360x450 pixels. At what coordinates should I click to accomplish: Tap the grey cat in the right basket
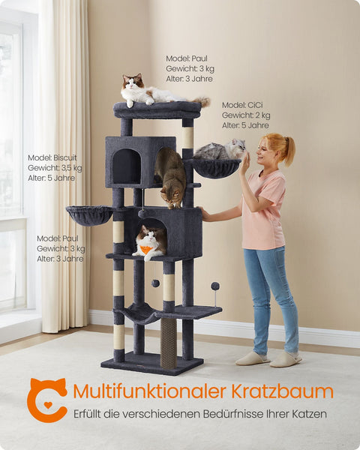(222, 151)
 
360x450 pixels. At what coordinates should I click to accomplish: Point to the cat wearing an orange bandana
(150, 241)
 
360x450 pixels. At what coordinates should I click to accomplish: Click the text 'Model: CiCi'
(244, 105)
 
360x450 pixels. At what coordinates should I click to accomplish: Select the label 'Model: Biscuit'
(52, 157)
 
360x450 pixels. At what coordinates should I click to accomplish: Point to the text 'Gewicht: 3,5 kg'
(55, 168)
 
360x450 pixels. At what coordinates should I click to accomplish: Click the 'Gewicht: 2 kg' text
(246, 115)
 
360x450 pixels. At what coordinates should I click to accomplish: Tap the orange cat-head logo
(46, 400)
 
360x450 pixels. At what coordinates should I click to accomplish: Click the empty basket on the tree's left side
(89, 215)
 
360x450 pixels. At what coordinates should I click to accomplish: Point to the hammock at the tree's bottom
(139, 313)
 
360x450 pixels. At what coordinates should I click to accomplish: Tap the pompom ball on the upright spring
(214, 286)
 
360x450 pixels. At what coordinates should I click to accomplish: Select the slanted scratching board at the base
(169, 342)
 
